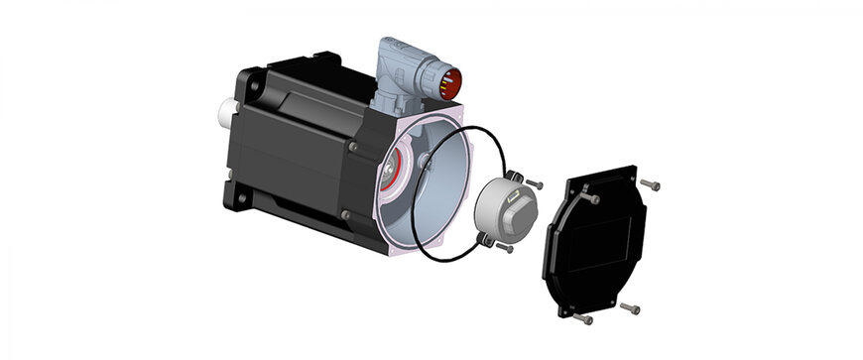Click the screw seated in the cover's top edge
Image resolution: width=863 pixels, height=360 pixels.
click(x=594, y=199)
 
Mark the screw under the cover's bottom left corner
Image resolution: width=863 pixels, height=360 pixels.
click(x=584, y=318)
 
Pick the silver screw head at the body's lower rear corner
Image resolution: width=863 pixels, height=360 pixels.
click(x=344, y=214)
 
